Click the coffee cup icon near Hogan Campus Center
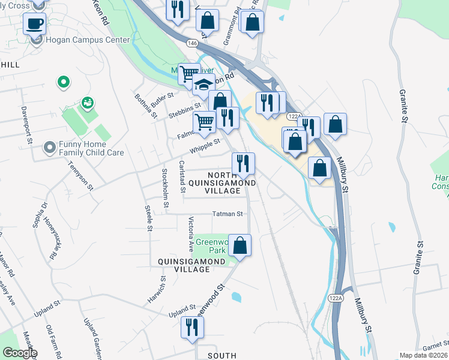34,24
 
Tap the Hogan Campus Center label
88,40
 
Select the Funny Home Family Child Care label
91,148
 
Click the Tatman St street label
228,214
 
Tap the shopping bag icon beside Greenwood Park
240,245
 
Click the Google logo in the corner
19,352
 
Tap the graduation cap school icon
204,85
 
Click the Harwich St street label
155,290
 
